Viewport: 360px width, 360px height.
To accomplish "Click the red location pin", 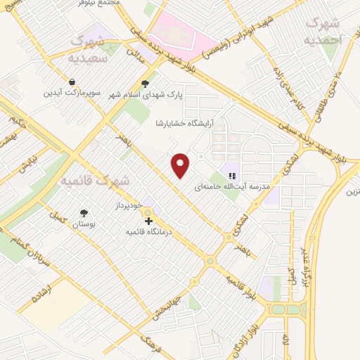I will pyautogui.click(x=181, y=165).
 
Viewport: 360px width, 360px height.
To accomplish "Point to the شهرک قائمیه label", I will pyautogui.click(x=95, y=181).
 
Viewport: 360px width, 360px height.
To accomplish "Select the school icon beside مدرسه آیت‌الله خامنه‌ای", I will pyautogui.click(x=231, y=175).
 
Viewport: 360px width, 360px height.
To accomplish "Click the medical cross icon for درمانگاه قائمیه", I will pyautogui.click(x=148, y=220).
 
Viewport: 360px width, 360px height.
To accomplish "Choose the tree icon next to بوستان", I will pyautogui.click(x=84, y=213).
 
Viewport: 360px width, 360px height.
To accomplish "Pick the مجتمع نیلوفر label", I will pyautogui.click(x=103, y=4).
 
